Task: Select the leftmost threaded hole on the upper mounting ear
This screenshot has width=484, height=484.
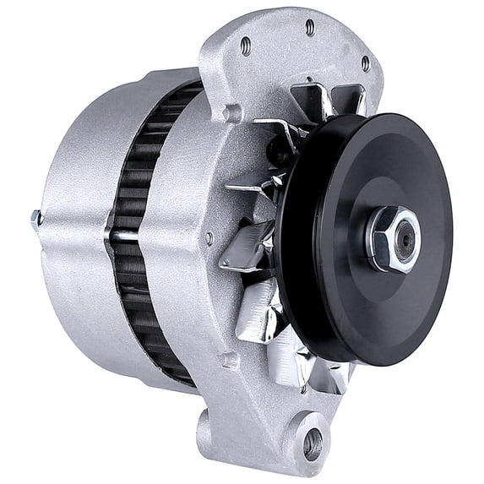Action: [245, 46]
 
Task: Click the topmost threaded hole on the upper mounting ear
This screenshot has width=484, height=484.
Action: [310, 27]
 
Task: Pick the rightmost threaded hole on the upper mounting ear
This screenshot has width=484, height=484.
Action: [365, 63]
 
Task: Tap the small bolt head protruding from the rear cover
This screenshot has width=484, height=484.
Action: [35, 219]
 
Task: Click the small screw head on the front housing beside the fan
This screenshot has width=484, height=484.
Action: [209, 239]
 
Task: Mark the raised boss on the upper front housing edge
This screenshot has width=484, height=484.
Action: [231, 112]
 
